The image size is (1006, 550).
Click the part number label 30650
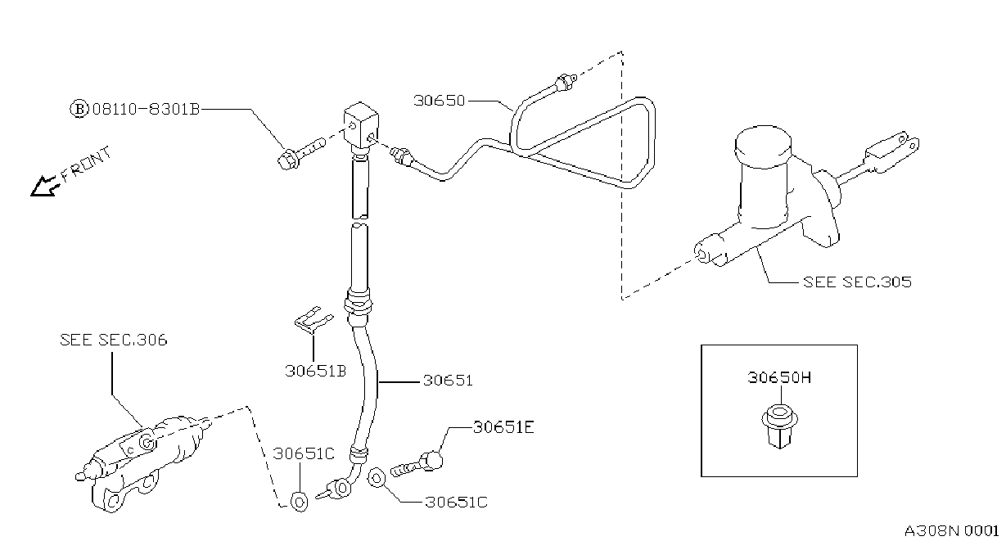(x=439, y=101)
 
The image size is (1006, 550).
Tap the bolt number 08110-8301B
(x=146, y=109)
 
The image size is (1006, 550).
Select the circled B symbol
(x=79, y=109)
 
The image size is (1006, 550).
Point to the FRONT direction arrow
(x=45, y=186)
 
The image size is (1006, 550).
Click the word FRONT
(x=86, y=164)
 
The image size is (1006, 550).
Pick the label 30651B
(x=316, y=372)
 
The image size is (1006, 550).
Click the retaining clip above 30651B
(x=314, y=320)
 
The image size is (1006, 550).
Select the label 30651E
(x=503, y=427)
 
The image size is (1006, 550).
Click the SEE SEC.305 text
(x=857, y=282)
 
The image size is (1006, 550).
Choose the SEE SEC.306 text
(x=114, y=340)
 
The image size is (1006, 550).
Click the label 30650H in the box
(x=779, y=377)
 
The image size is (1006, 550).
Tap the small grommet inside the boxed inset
(x=780, y=426)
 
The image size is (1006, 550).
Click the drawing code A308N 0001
(x=951, y=531)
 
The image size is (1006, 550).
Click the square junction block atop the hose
(x=361, y=125)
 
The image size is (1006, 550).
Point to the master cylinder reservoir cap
(x=763, y=147)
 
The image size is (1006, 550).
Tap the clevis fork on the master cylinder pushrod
(x=891, y=151)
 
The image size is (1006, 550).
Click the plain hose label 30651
(x=448, y=381)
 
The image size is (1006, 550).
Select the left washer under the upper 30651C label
(x=299, y=502)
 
